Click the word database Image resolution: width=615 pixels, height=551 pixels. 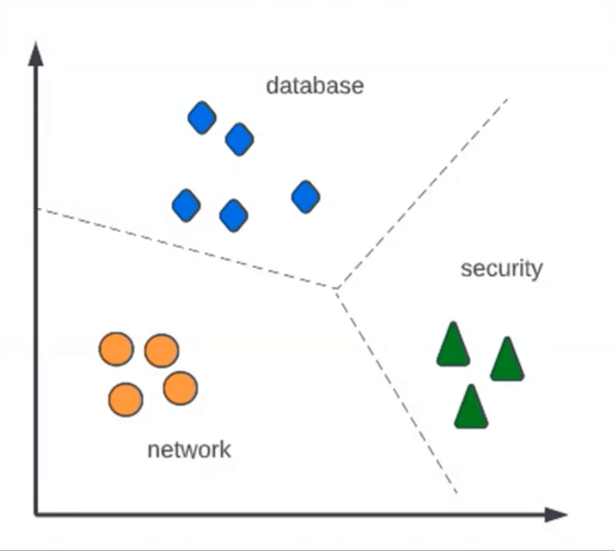(x=314, y=85)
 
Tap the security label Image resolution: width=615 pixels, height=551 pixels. (x=501, y=269)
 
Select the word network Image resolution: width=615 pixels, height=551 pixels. (x=189, y=449)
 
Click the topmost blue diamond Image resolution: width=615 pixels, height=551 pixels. (x=202, y=119)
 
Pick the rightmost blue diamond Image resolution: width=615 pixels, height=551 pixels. (x=306, y=197)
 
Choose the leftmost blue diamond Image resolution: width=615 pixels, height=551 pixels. (x=186, y=206)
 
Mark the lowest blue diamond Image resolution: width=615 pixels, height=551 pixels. (x=234, y=214)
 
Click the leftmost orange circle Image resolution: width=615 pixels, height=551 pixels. (x=116, y=348)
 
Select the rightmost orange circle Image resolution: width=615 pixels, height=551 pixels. (x=180, y=388)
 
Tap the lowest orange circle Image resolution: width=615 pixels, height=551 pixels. (x=125, y=399)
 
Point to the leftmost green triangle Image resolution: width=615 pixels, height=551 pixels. (x=452, y=346)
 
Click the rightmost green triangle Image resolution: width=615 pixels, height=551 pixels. (x=507, y=360)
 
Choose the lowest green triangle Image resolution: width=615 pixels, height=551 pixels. (x=471, y=407)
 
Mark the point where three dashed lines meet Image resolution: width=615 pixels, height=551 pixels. (x=336, y=288)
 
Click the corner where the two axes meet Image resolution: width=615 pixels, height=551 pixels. (x=36, y=514)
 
